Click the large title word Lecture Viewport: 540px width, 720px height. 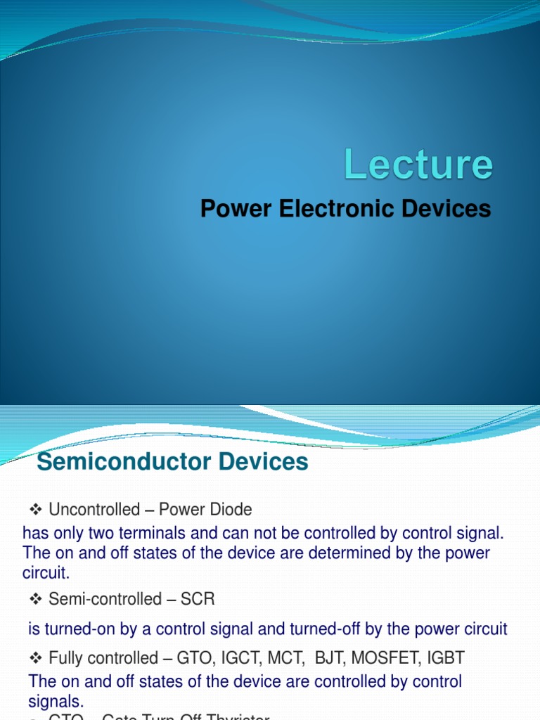coord(418,165)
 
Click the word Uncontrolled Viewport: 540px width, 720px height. coord(94,509)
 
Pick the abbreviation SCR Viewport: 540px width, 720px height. coord(198,599)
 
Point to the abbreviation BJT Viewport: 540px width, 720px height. coord(328,658)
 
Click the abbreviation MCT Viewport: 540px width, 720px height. coord(296,658)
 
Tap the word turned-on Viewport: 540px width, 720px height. coord(78,629)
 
